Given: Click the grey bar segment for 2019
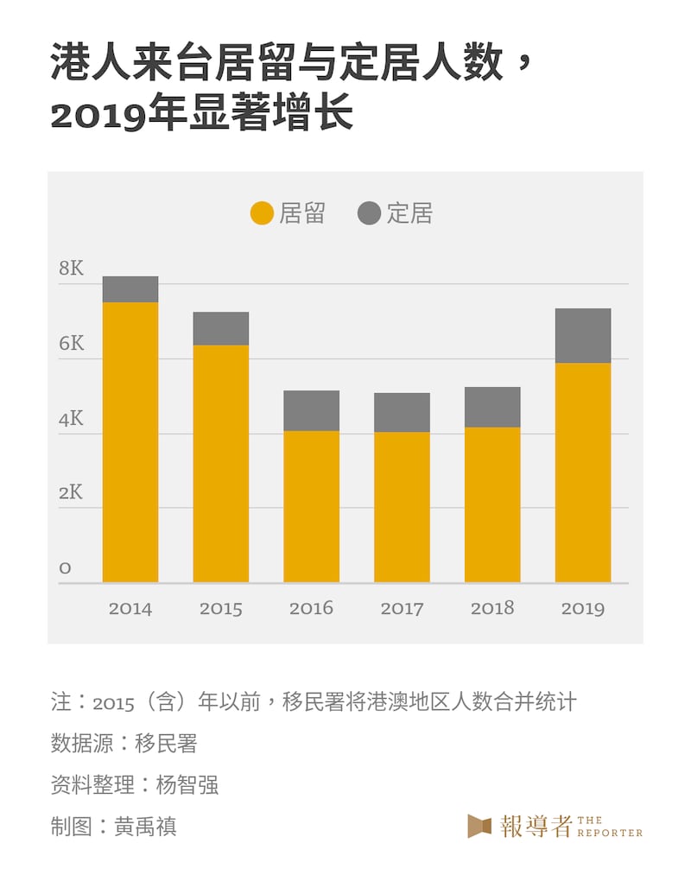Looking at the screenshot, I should (x=583, y=335).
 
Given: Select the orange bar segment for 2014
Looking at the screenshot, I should (x=130, y=441).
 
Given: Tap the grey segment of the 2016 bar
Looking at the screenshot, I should (x=312, y=410).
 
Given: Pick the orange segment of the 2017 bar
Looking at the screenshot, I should (x=402, y=507).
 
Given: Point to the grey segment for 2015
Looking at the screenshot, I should (x=221, y=328).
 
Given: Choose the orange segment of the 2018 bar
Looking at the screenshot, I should (x=492, y=504).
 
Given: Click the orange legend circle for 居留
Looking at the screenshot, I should (x=263, y=213).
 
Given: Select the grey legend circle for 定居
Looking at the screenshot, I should (x=369, y=213).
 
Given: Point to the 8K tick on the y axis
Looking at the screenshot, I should (x=72, y=269).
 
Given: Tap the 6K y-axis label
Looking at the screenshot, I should (x=72, y=344).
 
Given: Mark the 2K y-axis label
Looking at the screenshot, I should (x=72, y=493).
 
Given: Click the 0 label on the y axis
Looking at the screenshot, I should (x=65, y=568).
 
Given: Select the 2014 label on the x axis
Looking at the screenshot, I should (x=130, y=609).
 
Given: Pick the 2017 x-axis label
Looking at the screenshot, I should (x=402, y=609).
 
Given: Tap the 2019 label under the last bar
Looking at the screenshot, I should (x=583, y=609).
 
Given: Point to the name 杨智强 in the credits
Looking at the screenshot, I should (x=187, y=784).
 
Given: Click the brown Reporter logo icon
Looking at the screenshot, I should (x=479, y=826).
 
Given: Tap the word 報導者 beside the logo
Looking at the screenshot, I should (x=536, y=826).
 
